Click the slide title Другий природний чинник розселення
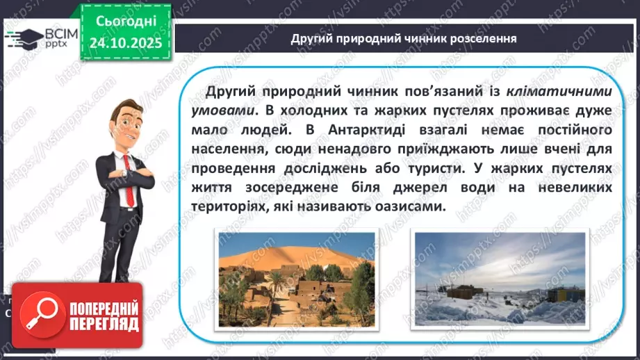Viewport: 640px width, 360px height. pyautogui.click(x=403, y=38)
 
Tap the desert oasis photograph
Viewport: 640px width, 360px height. pyautogui.click(x=297, y=278)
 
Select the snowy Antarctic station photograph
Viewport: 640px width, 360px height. pyautogui.click(x=499, y=278)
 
